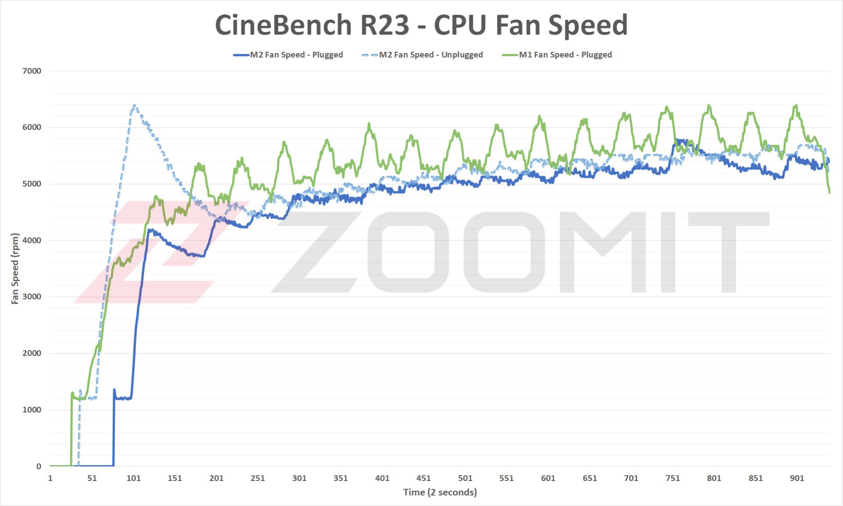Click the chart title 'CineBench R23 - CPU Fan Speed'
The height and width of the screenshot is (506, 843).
click(421, 25)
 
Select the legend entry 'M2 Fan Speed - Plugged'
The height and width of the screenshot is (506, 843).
click(296, 55)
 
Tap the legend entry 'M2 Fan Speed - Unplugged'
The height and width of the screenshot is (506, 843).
click(431, 55)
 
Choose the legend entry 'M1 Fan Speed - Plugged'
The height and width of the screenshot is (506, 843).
click(565, 55)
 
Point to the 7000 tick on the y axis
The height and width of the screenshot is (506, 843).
click(32, 71)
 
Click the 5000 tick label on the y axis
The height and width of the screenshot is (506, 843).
click(32, 184)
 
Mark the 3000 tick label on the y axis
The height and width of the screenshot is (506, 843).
click(32, 297)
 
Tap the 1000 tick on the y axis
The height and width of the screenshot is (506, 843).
click(32, 410)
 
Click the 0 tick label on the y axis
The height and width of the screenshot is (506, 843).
click(39, 466)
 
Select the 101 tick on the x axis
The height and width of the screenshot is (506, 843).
click(133, 478)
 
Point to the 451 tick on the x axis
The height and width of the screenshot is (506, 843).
click(424, 478)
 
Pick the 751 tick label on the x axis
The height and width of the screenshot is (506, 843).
click(673, 478)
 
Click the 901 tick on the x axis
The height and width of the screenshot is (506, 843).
click(797, 478)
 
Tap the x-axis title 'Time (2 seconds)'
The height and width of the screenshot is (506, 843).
click(440, 492)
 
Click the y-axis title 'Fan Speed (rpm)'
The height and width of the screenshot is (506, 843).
click(15, 268)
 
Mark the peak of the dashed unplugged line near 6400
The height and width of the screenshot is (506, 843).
click(134, 106)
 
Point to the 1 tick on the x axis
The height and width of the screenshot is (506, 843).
click(50, 478)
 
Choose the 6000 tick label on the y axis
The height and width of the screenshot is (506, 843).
click(32, 127)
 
